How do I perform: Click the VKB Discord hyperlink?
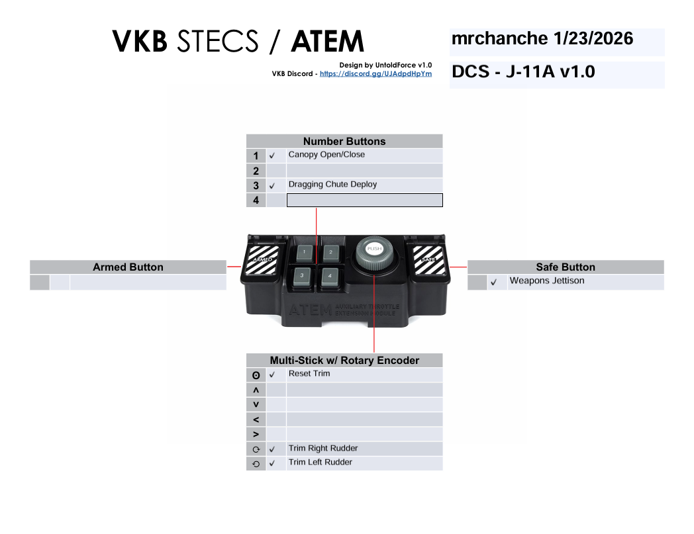375,74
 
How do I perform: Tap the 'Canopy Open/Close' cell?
364,156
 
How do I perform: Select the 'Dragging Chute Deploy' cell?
364,185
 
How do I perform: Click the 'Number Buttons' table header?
344,141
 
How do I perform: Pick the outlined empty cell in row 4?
364,200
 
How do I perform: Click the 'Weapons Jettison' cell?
585,282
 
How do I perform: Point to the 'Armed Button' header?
128,267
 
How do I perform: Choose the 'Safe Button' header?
566,267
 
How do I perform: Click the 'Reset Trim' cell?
364,375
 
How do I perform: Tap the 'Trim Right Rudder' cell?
364,449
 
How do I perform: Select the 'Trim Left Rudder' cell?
364,463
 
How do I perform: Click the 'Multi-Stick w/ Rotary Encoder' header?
344,361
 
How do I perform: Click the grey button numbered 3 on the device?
302,275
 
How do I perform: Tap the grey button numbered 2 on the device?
330,252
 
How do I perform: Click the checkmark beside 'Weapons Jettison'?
493,283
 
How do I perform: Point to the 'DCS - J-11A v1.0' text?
523,72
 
